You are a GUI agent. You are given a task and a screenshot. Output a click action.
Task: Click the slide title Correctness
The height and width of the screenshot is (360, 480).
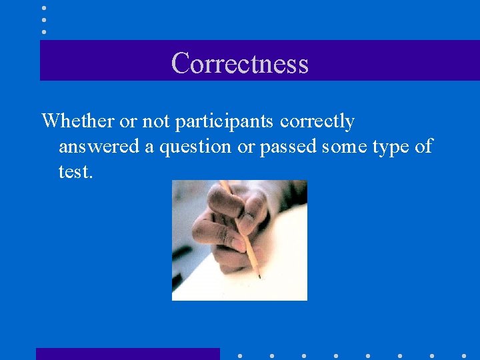239,63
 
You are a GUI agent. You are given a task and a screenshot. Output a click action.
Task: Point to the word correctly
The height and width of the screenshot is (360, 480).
317,121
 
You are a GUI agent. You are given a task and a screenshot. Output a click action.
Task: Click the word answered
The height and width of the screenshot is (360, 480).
99,147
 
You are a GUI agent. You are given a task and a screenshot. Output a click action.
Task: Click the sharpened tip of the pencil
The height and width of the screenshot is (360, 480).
259,276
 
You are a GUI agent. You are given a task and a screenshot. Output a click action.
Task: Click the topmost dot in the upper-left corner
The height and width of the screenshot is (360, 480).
44,8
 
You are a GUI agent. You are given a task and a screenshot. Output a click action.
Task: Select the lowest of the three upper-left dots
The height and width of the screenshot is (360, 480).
44,31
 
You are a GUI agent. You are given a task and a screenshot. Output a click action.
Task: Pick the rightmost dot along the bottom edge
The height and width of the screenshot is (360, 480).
464,355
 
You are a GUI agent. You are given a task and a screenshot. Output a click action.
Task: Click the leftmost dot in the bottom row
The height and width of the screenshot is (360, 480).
240,355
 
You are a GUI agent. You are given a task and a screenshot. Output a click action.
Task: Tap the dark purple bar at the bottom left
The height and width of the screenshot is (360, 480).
127,354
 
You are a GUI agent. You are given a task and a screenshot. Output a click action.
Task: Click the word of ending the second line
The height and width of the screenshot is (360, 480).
423,147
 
